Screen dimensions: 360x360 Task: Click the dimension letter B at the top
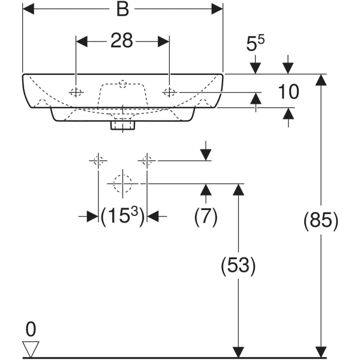pyautogui.click(x=123, y=11)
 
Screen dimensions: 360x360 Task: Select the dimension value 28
pyautogui.click(x=122, y=41)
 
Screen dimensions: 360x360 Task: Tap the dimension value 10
pyautogui.click(x=289, y=91)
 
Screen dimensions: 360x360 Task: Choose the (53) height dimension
pyautogui.click(x=239, y=265)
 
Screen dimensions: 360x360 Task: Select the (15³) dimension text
pyautogui.click(x=123, y=217)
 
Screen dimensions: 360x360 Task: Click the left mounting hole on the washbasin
pyautogui.click(x=76, y=92)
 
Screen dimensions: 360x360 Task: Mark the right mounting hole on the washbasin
pyautogui.click(x=170, y=92)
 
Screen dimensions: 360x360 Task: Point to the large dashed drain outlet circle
pyautogui.click(x=122, y=182)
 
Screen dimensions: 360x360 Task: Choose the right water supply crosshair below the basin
pyautogui.click(x=148, y=161)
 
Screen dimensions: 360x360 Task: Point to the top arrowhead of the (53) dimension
pyautogui.click(x=239, y=190)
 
